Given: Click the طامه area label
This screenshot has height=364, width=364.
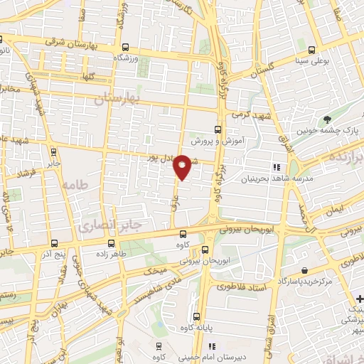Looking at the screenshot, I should (x=77, y=184).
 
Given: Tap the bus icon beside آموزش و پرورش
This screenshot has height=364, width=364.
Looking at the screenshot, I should (x=218, y=130).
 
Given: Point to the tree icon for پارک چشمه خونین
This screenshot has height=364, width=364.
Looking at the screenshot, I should (x=327, y=119).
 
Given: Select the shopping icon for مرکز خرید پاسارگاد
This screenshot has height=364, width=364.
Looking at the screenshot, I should (x=304, y=271).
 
